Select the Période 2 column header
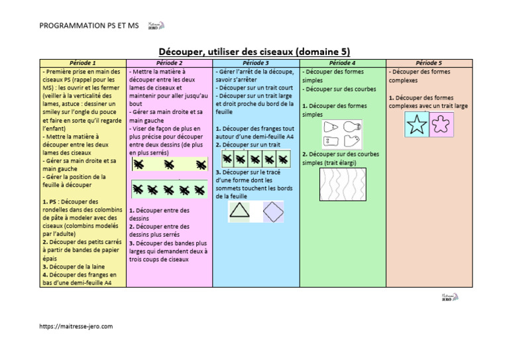(169, 62)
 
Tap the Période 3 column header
(256, 62)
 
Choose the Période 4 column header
(343, 62)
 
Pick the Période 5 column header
(429, 62)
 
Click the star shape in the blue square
(416, 125)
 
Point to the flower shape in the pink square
(441, 125)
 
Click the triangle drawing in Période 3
(239, 211)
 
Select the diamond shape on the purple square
(272, 211)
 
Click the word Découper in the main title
(182, 51)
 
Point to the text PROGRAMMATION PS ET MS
(87, 26)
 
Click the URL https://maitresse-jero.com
(76, 326)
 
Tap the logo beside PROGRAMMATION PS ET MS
(156, 25)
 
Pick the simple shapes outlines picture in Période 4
(342, 133)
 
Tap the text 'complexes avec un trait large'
(428, 105)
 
